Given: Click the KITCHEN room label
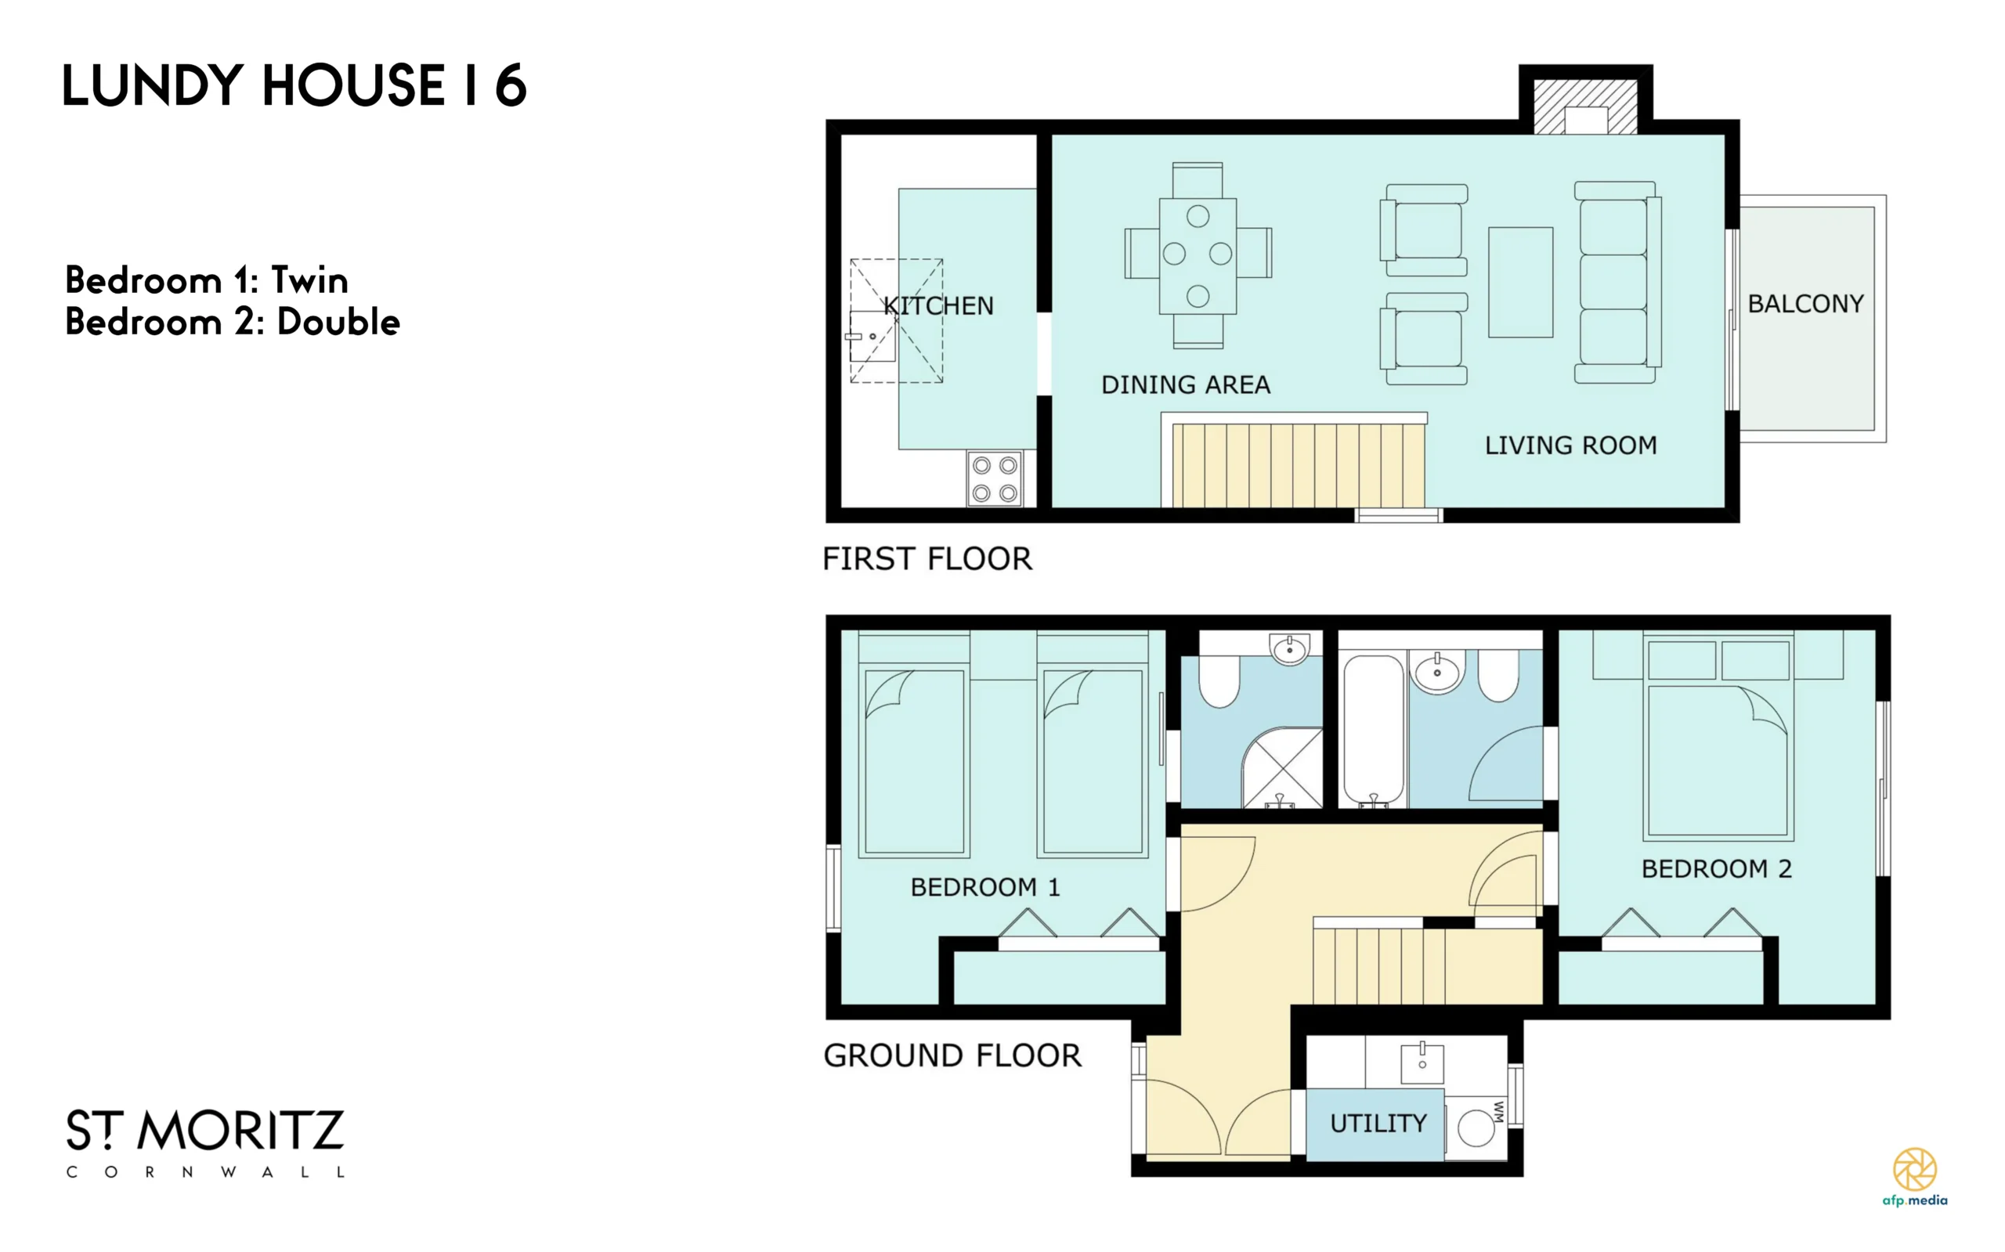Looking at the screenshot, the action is tap(938, 305).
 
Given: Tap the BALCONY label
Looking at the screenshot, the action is tap(1805, 304).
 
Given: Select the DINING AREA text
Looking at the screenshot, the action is tap(1185, 384).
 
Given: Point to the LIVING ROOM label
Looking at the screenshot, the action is tap(1570, 446).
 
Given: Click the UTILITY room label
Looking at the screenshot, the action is tap(1378, 1124).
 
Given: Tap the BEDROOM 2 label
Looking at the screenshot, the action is tap(1717, 868).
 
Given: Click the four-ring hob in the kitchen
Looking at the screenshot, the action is tap(995, 478).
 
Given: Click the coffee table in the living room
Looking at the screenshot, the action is tap(1520, 283).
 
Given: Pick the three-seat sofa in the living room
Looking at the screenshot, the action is tap(1617, 283).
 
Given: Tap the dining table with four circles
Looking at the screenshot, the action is tap(1198, 256).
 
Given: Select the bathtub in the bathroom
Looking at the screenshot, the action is tap(1373, 730).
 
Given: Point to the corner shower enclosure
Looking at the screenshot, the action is tap(1282, 767).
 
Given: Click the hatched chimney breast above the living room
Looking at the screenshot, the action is tap(1585, 106).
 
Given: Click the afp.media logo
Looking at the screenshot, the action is tap(1915, 1177).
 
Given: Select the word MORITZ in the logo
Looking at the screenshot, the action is tap(240, 1131).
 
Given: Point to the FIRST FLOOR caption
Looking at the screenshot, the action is tap(927, 559).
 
